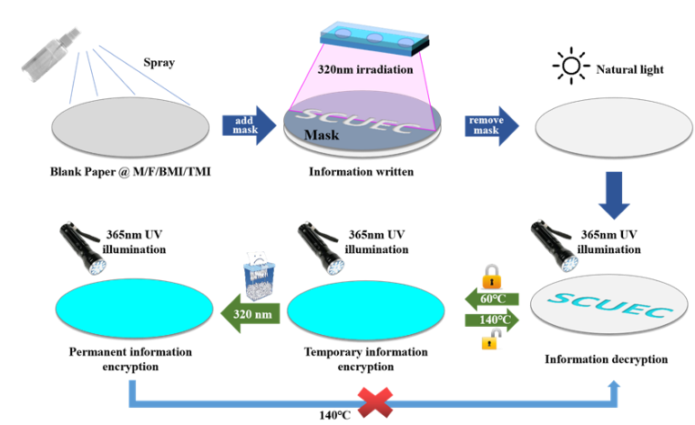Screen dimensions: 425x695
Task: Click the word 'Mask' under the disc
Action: pyautogui.click(x=321, y=136)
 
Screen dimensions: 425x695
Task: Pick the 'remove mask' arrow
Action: pyautogui.click(x=492, y=126)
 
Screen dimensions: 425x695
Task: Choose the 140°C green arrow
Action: pyautogui.click(x=493, y=320)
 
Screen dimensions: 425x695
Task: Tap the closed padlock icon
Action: pyautogui.click(x=492, y=276)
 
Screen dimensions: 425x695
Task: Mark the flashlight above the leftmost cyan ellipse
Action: pyautogui.click(x=82, y=246)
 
